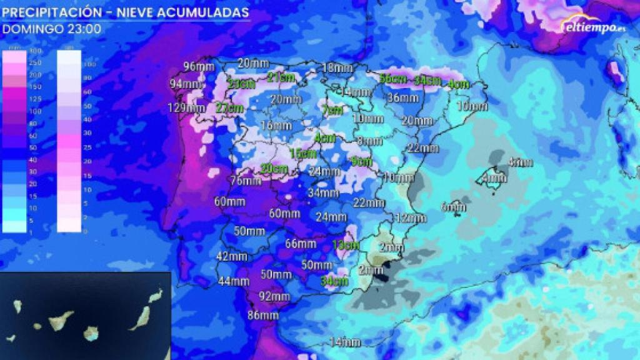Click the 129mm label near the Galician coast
pyautogui.click(x=186, y=108)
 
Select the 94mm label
pyautogui.click(x=186, y=84)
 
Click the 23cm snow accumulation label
pyautogui.click(x=240, y=84)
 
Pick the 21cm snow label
pyautogui.click(x=281, y=77)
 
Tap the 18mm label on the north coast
pyautogui.click(x=337, y=67)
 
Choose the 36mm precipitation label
pyautogui.click(x=403, y=97)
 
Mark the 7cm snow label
pyautogui.click(x=332, y=111)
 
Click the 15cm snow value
pyautogui.click(x=303, y=153)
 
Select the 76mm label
pyautogui.click(x=246, y=181)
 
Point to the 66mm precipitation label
pyautogui.click(x=301, y=244)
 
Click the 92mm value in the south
pyautogui.click(x=274, y=296)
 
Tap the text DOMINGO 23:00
pyautogui.click(x=51, y=29)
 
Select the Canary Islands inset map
pyautogui.click(x=85, y=316)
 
